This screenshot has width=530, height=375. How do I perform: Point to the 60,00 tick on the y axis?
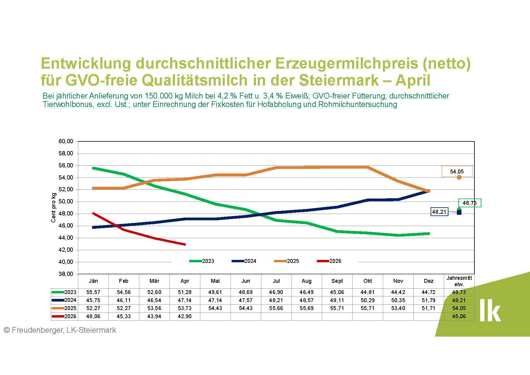(x=66, y=141)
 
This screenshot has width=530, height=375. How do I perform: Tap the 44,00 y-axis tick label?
(x=66, y=238)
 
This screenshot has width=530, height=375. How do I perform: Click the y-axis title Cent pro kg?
(x=53, y=208)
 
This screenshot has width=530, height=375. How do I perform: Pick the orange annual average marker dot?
(x=459, y=177)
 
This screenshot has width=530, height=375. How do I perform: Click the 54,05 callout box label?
(x=457, y=172)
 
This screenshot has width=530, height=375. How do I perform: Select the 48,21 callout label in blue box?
(x=439, y=212)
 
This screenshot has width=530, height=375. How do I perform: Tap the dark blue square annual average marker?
(x=459, y=212)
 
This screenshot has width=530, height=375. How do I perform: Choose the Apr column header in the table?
(x=185, y=281)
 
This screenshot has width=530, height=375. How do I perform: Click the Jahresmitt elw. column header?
(x=459, y=281)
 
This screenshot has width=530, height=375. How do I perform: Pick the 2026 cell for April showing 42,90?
(x=185, y=316)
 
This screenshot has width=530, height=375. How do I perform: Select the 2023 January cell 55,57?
(x=93, y=292)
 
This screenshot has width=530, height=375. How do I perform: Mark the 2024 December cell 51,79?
(x=428, y=300)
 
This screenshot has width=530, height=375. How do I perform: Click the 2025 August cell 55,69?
(x=306, y=308)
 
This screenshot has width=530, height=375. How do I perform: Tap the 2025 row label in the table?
(x=70, y=308)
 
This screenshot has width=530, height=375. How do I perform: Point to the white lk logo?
(x=490, y=310)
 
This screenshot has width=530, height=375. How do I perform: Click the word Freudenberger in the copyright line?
(x=37, y=330)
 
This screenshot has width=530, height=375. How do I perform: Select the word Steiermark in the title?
(x=339, y=80)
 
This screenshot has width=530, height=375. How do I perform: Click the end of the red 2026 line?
(x=185, y=244)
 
